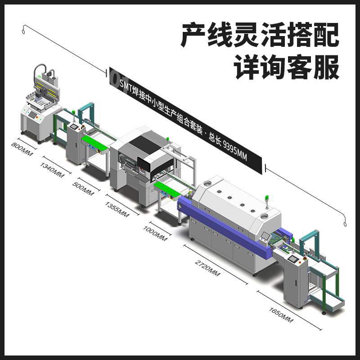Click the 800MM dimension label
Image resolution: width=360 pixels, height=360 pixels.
[22, 149]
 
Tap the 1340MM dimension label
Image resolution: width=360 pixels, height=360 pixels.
[52, 170]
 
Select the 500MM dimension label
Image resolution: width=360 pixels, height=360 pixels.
[83, 189]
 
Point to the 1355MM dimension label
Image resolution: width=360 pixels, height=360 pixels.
[117, 209]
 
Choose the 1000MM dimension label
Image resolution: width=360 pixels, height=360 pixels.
[155, 234]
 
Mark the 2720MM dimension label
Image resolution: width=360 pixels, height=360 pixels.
[207, 268]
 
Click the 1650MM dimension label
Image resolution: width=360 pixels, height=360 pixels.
[281, 315]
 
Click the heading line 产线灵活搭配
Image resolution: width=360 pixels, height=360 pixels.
[260, 35]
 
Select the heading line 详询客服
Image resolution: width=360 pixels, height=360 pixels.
[287, 67]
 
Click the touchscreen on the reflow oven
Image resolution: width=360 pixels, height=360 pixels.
[265, 236]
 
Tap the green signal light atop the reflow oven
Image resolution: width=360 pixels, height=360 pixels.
[267, 198]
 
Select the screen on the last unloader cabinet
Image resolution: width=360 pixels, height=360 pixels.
[292, 259]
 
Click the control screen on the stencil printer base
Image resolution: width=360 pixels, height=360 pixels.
[32, 114]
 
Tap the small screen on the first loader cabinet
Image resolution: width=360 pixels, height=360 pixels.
[74, 126]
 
